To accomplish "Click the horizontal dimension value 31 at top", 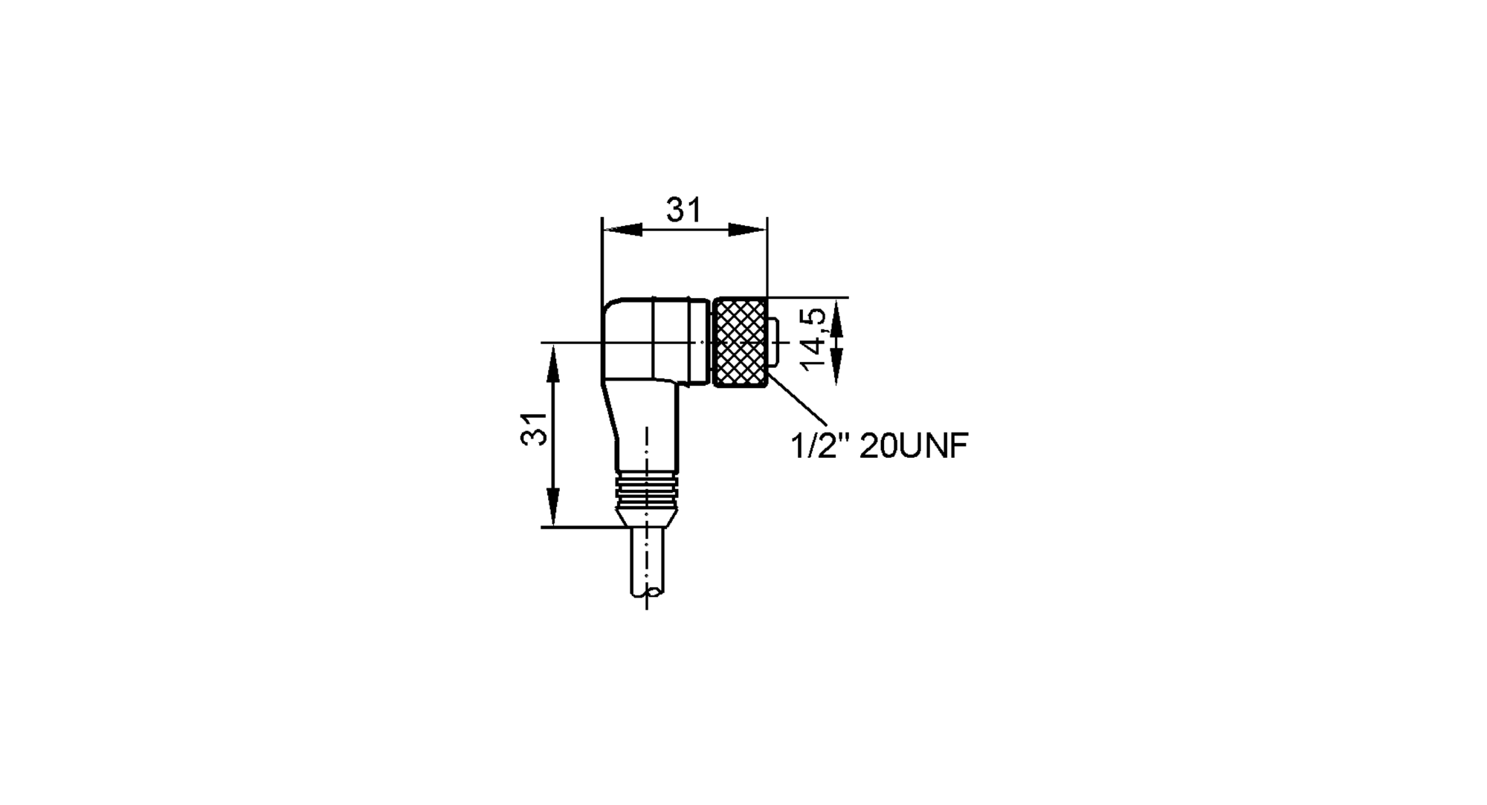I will coord(683,210).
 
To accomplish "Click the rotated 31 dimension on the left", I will coord(534,429).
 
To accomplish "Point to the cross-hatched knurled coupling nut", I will coord(739,342).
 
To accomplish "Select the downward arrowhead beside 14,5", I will coord(836,367).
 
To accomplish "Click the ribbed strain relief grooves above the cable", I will coord(647,486).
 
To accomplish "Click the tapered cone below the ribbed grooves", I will coord(647,516).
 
